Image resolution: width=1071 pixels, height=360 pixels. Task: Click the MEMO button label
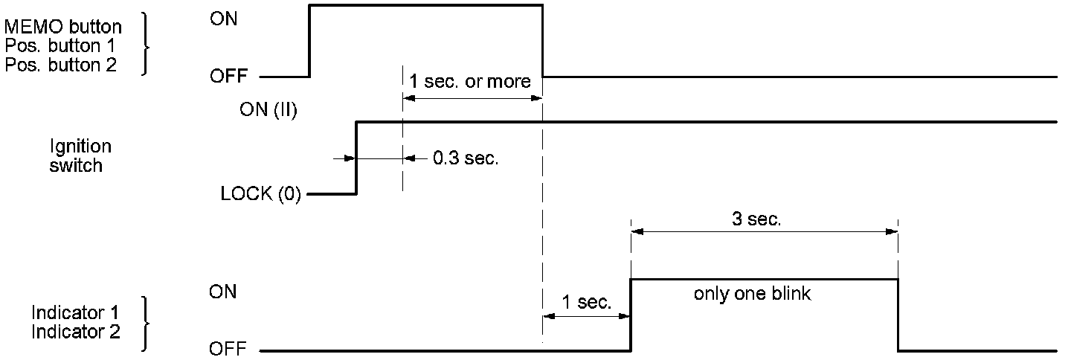tap(63, 28)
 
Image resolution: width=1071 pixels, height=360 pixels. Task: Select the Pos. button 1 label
tap(60, 46)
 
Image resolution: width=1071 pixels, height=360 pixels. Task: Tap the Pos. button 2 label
tap(60, 65)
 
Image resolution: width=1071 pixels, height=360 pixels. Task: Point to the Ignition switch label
tap(76, 156)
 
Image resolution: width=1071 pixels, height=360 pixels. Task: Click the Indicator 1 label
tap(75, 312)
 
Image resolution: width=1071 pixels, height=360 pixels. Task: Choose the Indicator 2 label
tap(75, 331)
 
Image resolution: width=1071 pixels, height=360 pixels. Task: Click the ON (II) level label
tap(268, 110)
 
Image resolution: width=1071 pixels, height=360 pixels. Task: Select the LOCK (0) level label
tap(261, 196)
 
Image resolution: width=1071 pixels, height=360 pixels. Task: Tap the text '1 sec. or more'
tap(471, 81)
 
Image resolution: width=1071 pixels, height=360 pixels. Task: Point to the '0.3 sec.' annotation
tap(465, 158)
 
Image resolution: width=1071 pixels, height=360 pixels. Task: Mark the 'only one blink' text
tap(752, 294)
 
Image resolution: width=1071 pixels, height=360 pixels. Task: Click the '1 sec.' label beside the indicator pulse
tap(587, 303)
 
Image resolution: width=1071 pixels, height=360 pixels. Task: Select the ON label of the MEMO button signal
tap(224, 19)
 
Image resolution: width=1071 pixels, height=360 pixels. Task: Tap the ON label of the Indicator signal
tap(224, 292)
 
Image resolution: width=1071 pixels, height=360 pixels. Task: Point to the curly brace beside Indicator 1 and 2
tap(144, 324)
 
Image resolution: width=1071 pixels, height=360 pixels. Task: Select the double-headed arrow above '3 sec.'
tap(764, 232)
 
